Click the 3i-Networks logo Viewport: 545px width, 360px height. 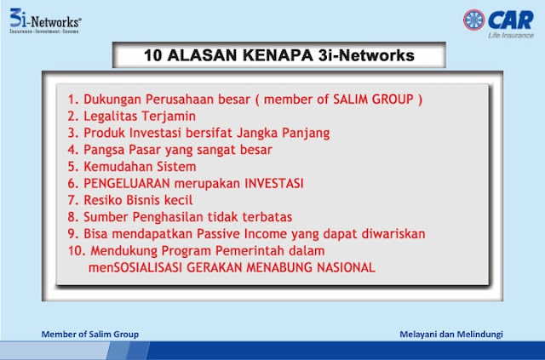[x=45, y=20]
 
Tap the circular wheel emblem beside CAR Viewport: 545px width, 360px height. [x=473, y=20]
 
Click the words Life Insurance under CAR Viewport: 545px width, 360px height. [x=511, y=35]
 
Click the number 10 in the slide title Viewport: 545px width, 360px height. [x=153, y=55]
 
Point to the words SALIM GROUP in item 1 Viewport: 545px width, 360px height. [x=373, y=100]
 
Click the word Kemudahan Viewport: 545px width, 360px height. [x=118, y=167]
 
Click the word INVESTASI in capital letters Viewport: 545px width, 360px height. [x=274, y=183]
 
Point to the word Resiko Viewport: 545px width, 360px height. [x=103, y=200]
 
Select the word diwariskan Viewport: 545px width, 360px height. [x=393, y=233]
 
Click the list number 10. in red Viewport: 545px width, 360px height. [x=77, y=250]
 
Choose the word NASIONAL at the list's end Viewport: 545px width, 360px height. [x=346, y=267]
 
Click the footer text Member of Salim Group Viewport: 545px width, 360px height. [x=90, y=334]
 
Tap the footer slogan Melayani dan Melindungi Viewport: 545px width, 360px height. [x=451, y=334]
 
